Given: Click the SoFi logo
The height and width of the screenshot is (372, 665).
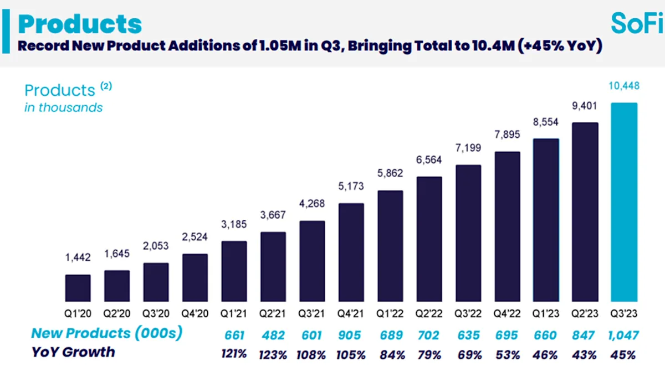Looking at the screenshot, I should click(x=637, y=23).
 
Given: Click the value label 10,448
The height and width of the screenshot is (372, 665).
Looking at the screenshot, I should click(x=624, y=86).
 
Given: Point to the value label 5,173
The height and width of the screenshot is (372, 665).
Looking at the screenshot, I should click(x=351, y=187).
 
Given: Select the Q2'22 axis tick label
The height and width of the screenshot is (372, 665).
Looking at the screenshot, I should click(x=429, y=313).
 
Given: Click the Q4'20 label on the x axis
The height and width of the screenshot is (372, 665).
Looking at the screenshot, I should click(x=195, y=313).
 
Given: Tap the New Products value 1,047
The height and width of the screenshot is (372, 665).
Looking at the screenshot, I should click(x=623, y=335).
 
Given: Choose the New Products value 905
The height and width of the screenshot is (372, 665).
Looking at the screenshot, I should click(x=351, y=335).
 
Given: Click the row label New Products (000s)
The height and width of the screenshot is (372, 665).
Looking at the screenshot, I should click(x=106, y=333).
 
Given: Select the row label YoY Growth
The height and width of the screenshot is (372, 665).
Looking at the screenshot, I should click(x=73, y=352).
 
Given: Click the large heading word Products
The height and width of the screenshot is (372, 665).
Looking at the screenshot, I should click(x=80, y=24).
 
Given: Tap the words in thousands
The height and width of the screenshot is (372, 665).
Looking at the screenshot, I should click(x=63, y=107).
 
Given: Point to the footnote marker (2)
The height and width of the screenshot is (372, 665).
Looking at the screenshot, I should click(x=106, y=86).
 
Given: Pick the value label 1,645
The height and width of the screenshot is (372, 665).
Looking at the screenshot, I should click(x=116, y=254).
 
